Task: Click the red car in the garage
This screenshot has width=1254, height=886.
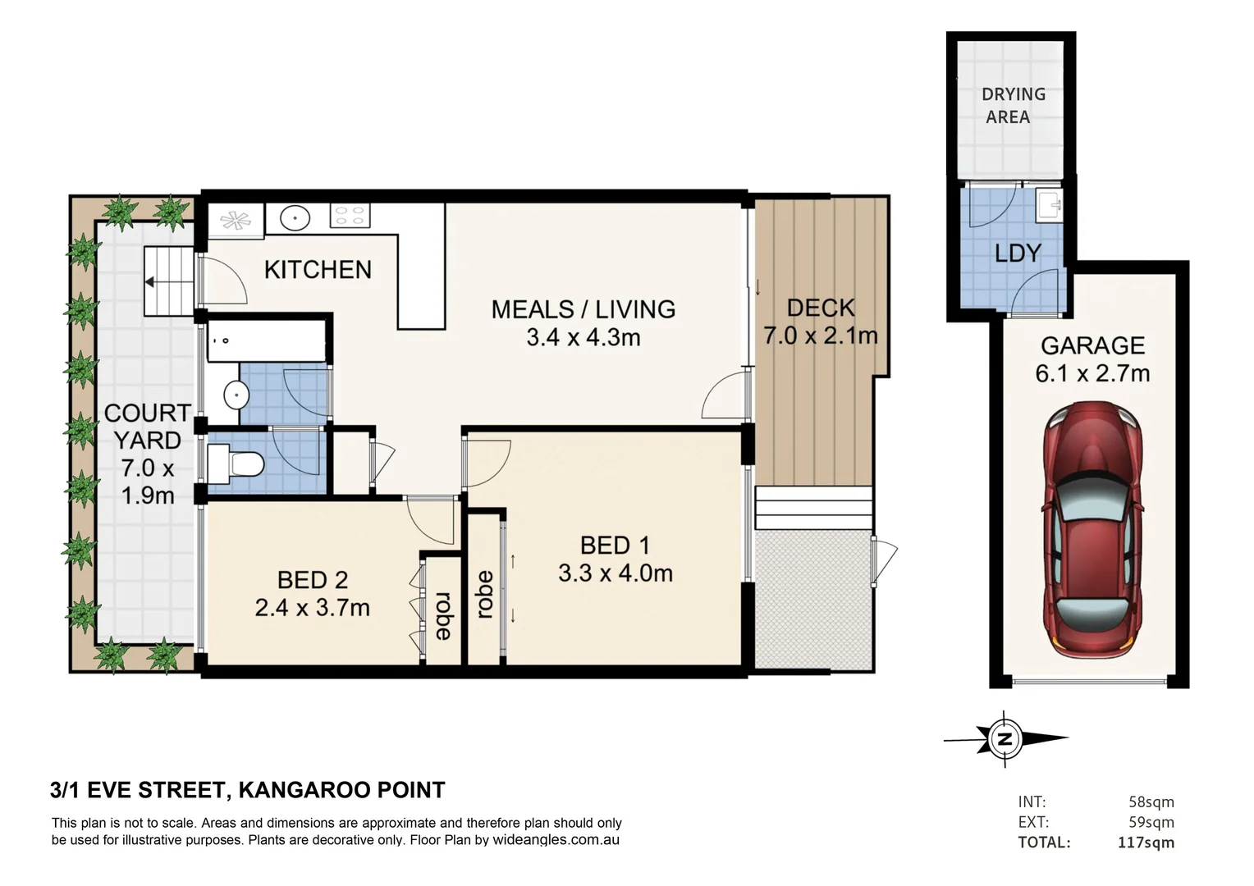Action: (1092, 529)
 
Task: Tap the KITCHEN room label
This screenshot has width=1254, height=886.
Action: (318, 270)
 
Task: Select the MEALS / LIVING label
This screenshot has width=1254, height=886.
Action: (584, 309)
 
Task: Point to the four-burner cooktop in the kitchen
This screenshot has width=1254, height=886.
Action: (350, 215)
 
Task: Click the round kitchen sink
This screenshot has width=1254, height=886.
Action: (295, 217)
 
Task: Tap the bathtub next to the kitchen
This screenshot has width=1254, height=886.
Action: (267, 340)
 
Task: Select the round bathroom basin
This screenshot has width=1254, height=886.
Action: (236, 395)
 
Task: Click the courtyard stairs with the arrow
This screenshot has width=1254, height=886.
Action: (169, 281)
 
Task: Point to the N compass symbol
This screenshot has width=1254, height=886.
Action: (1005, 738)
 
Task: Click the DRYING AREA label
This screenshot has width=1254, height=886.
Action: (1013, 105)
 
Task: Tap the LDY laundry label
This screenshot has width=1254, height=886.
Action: (1018, 253)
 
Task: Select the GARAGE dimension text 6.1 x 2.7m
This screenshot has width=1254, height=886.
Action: (1092, 373)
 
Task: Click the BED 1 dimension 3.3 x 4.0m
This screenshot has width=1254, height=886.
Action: (616, 573)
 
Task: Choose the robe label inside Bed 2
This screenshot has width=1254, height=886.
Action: (443, 615)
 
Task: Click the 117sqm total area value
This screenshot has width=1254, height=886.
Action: (1146, 843)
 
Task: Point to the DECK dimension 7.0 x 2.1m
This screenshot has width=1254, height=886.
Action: (821, 336)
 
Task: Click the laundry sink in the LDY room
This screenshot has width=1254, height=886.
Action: (1049, 205)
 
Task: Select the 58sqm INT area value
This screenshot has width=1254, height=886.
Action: (1151, 802)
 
